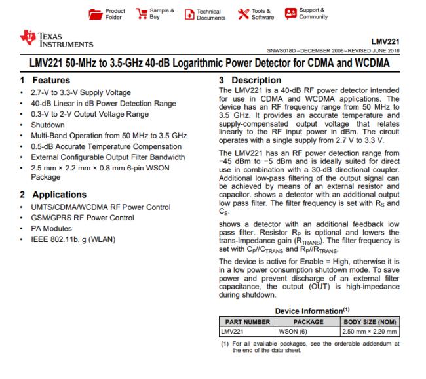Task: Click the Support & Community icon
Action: coord(290,13)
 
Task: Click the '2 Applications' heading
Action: coord(52,195)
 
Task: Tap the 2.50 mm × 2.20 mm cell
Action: coord(371,332)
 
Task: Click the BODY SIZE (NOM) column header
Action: coord(371,322)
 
